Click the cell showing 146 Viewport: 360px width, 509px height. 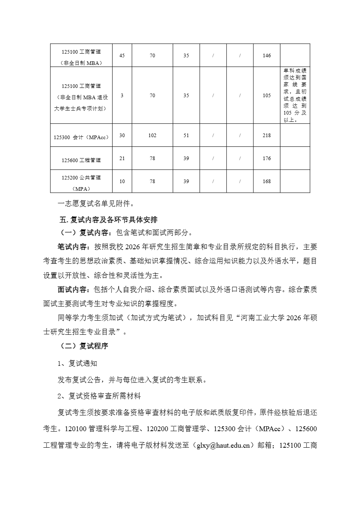pos(266,56)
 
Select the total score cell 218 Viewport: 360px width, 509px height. pos(266,136)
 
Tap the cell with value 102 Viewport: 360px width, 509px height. pos(152,136)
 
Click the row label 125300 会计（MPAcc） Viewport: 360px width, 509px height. pos(81,137)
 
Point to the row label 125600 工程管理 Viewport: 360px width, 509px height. pos(81,160)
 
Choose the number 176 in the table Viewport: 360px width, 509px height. pos(266,159)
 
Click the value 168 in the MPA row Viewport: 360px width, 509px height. pos(266,181)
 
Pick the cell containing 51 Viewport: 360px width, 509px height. pos(186,136)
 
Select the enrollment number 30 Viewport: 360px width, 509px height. pos(122,136)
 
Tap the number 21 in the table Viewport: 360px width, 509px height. pos(122,159)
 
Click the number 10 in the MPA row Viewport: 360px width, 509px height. pos(122,181)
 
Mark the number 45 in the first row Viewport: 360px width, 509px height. pos(122,56)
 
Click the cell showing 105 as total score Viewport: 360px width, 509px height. pos(266,96)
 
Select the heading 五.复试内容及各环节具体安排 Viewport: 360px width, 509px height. pos(108,220)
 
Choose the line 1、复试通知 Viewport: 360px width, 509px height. pos(77,363)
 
